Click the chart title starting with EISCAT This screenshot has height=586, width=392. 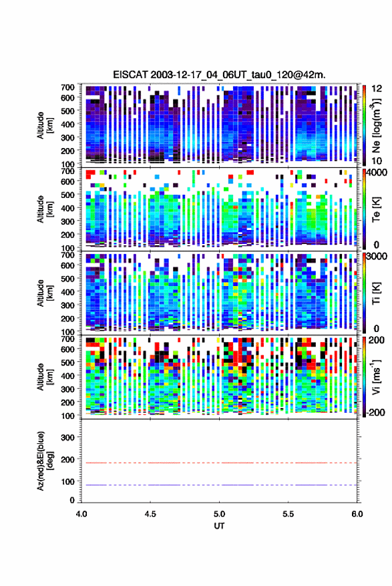pos(219,75)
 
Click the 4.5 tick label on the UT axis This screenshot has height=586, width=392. pos(150,514)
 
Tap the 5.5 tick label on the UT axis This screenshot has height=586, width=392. pos(288,514)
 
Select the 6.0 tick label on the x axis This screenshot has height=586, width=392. pos(357,514)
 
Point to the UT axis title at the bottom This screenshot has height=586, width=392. pos(219,526)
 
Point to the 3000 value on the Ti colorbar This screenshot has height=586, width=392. pos(377,257)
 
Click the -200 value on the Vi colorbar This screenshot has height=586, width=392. pos(376,412)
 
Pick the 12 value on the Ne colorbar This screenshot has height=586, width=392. pos(377,89)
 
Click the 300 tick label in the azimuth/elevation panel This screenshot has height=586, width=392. pos(67,437)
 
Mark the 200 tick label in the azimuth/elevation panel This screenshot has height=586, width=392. pos(67,459)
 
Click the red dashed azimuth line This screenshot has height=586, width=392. pos(219,463)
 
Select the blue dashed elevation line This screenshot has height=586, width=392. pos(219,485)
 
